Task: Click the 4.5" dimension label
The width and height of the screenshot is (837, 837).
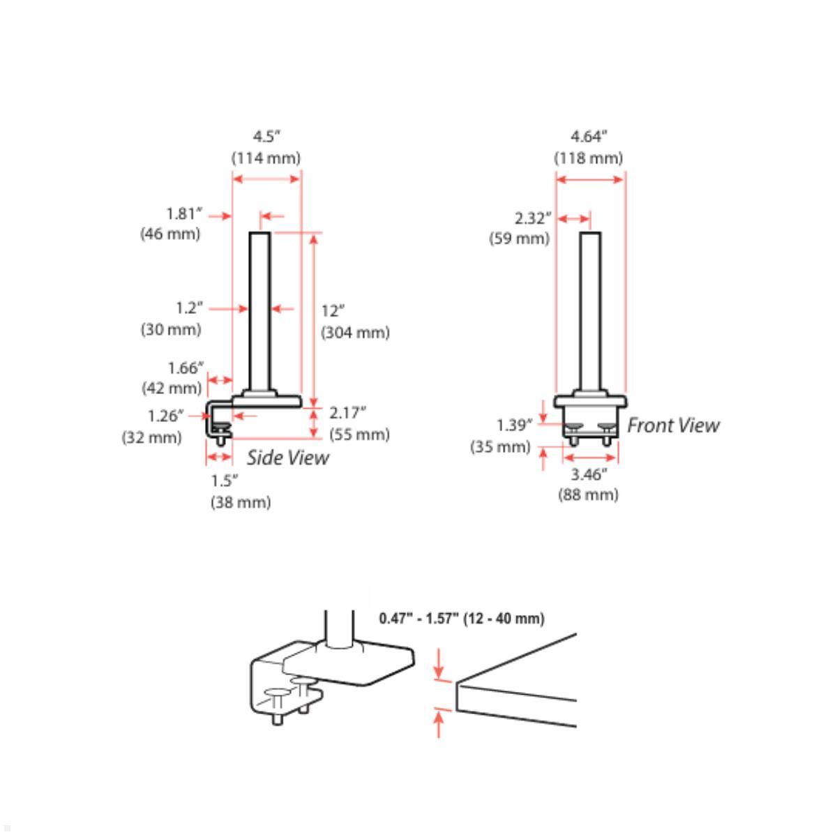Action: tap(266, 135)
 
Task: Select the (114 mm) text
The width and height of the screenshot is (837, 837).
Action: tap(266, 158)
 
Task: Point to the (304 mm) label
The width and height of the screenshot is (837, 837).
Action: tap(355, 333)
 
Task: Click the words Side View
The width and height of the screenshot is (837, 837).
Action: tap(287, 458)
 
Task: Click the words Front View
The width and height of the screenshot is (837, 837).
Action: tap(673, 425)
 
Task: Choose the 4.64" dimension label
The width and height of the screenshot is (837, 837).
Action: tap(589, 135)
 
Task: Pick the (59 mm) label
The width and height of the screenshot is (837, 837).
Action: tap(519, 239)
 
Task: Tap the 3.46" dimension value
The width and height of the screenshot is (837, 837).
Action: tap(589, 475)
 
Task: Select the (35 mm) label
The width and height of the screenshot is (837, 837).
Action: tap(500, 446)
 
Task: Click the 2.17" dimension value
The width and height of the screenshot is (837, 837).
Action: tap(347, 412)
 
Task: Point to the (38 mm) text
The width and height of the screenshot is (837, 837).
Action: tap(241, 502)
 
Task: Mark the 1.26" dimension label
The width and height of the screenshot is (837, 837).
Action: tap(165, 416)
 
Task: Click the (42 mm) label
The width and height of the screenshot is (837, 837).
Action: tap(172, 388)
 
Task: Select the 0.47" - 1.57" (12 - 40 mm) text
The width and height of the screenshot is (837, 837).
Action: tap(462, 619)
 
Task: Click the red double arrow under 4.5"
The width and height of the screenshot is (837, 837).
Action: tap(266, 179)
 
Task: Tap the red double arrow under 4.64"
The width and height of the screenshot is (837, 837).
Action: tap(589, 179)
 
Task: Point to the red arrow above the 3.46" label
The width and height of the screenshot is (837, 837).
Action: tap(589, 458)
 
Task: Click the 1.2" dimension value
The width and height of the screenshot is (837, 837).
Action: tap(189, 307)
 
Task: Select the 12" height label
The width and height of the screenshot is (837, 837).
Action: tap(333, 311)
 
